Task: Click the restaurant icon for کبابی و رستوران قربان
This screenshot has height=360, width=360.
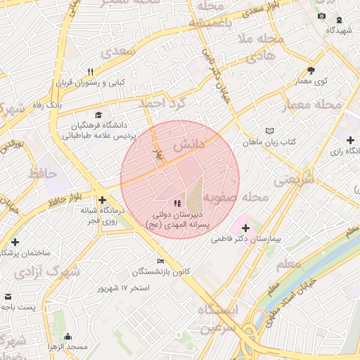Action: click(90, 72)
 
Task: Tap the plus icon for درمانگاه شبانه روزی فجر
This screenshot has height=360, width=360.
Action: click(103, 200)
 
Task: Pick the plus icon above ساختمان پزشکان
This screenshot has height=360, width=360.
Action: click(15, 242)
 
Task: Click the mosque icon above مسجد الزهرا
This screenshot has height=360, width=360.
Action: click(67, 336)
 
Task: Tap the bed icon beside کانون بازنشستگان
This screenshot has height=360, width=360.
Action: click(162, 261)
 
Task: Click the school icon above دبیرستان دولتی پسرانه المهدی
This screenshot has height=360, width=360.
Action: click(176, 202)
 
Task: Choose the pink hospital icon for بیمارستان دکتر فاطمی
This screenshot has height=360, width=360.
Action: click(245, 228)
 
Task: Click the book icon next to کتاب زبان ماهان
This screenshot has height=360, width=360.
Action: click(271, 131)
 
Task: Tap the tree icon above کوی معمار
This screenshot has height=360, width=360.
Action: click(311, 70)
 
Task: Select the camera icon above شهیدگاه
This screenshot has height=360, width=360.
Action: click(322, 15)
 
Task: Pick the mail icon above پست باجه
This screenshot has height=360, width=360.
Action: click(8, 297)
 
